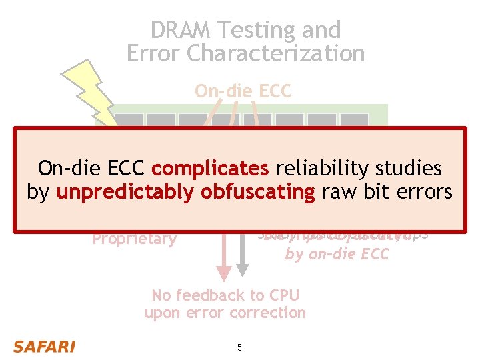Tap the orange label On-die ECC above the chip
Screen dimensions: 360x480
click(x=243, y=91)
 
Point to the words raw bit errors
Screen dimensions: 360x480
click(x=386, y=192)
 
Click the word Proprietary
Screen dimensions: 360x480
click(x=134, y=239)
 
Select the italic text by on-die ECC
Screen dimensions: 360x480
click(x=336, y=253)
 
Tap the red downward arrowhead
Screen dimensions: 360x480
click(x=225, y=271)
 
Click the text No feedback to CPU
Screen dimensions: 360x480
click(x=225, y=295)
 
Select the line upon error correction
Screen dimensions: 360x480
click(x=225, y=312)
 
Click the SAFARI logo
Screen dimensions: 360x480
click(x=45, y=347)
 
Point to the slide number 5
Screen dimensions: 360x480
click(x=239, y=347)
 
